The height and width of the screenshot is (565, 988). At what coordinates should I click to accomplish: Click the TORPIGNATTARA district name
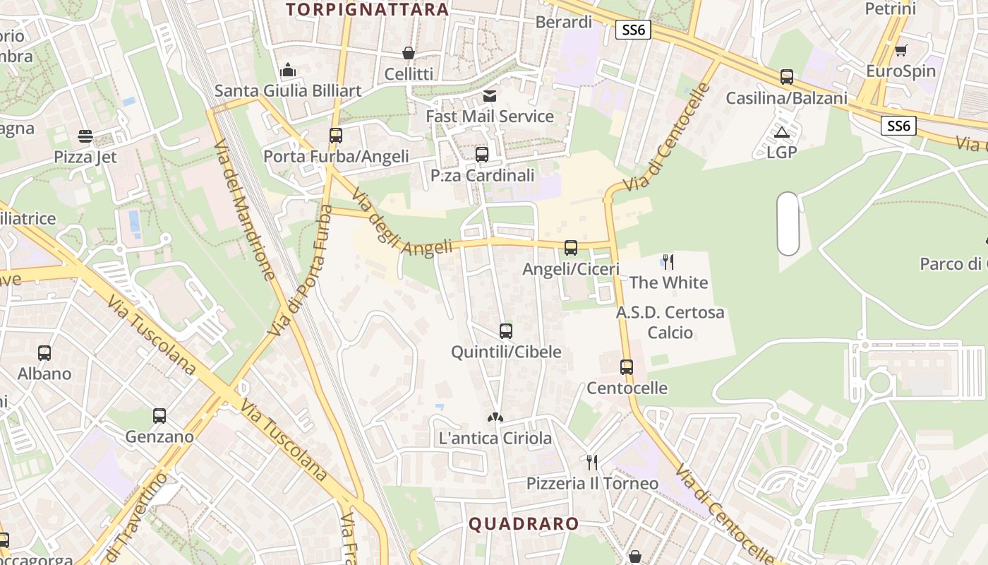pyautogui.click(x=368, y=9)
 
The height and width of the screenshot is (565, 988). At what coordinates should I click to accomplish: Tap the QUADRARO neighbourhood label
pyautogui.click(x=524, y=523)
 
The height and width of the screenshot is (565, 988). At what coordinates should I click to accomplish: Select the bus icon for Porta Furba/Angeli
pyautogui.click(x=336, y=135)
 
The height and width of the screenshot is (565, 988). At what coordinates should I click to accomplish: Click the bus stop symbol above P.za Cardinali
pyautogui.click(x=482, y=154)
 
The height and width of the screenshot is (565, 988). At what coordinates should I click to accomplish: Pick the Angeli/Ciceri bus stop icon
pyautogui.click(x=571, y=248)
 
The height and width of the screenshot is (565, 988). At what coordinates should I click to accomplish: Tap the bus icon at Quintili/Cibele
pyautogui.click(x=505, y=331)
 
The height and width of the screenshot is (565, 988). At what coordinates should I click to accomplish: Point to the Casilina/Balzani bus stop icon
pyautogui.click(x=787, y=77)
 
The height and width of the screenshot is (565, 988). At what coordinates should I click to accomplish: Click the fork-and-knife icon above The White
pyautogui.click(x=668, y=262)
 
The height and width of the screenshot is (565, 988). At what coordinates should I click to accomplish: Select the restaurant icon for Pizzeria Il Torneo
pyautogui.click(x=592, y=463)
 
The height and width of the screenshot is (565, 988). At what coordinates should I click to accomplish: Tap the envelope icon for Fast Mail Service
pyautogui.click(x=489, y=95)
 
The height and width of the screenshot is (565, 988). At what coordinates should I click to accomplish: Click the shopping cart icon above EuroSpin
pyautogui.click(x=900, y=51)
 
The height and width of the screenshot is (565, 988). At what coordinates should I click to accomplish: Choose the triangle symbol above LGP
pyautogui.click(x=781, y=132)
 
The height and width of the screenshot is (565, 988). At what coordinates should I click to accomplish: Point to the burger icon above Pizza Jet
pyautogui.click(x=85, y=136)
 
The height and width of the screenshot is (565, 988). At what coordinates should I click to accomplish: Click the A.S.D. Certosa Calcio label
pyautogui.click(x=670, y=322)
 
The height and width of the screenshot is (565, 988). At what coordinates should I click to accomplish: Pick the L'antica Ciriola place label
pyautogui.click(x=495, y=438)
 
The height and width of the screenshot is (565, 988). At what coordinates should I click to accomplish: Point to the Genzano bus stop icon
pyautogui.click(x=159, y=416)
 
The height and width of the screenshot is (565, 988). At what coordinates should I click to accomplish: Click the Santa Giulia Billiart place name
pyautogui.click(x=288, y=90)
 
